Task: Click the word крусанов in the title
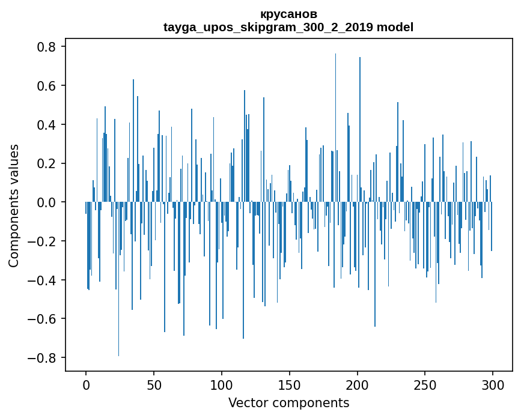pos(288,14)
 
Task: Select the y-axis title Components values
pos(14,205)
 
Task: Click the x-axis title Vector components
pos(288,402)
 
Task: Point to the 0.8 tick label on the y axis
pos(44,47)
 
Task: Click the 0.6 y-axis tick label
pos(44,86)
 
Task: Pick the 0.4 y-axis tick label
pos(44,125)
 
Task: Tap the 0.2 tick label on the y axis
pos(44,163)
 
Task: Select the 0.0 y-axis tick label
pos(44,202)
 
